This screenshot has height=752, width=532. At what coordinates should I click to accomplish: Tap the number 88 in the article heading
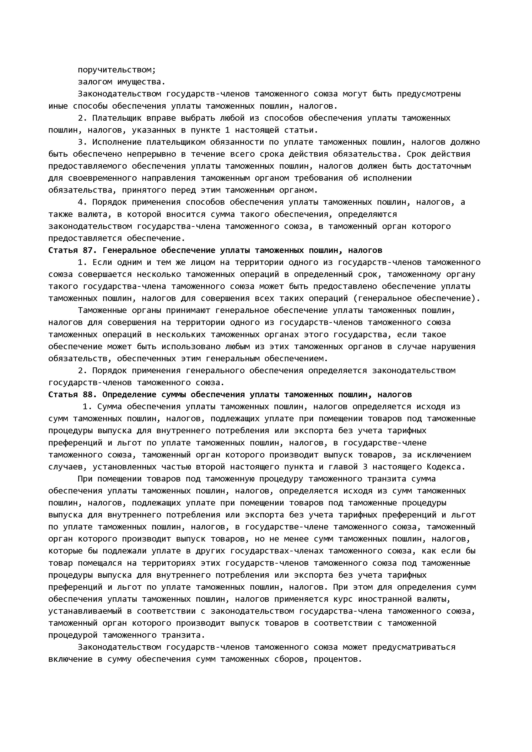pyautogui.click(x=90, y=395)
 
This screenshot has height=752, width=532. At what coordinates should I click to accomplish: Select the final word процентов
pyautogui.click(x=337, y=659)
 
